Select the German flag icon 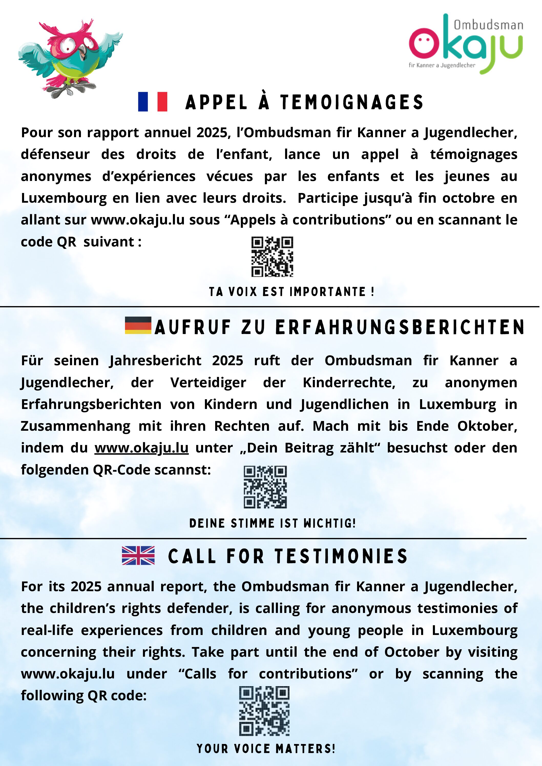pos(138,325)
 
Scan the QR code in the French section pos(272,256)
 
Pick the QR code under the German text pos(265,487)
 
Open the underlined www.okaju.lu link pos(141,448)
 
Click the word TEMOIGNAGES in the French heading pos(352,102)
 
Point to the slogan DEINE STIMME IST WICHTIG pos(272,523)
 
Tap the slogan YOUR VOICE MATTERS pos(266,749)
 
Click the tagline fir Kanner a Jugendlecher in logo pos(442,66)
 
